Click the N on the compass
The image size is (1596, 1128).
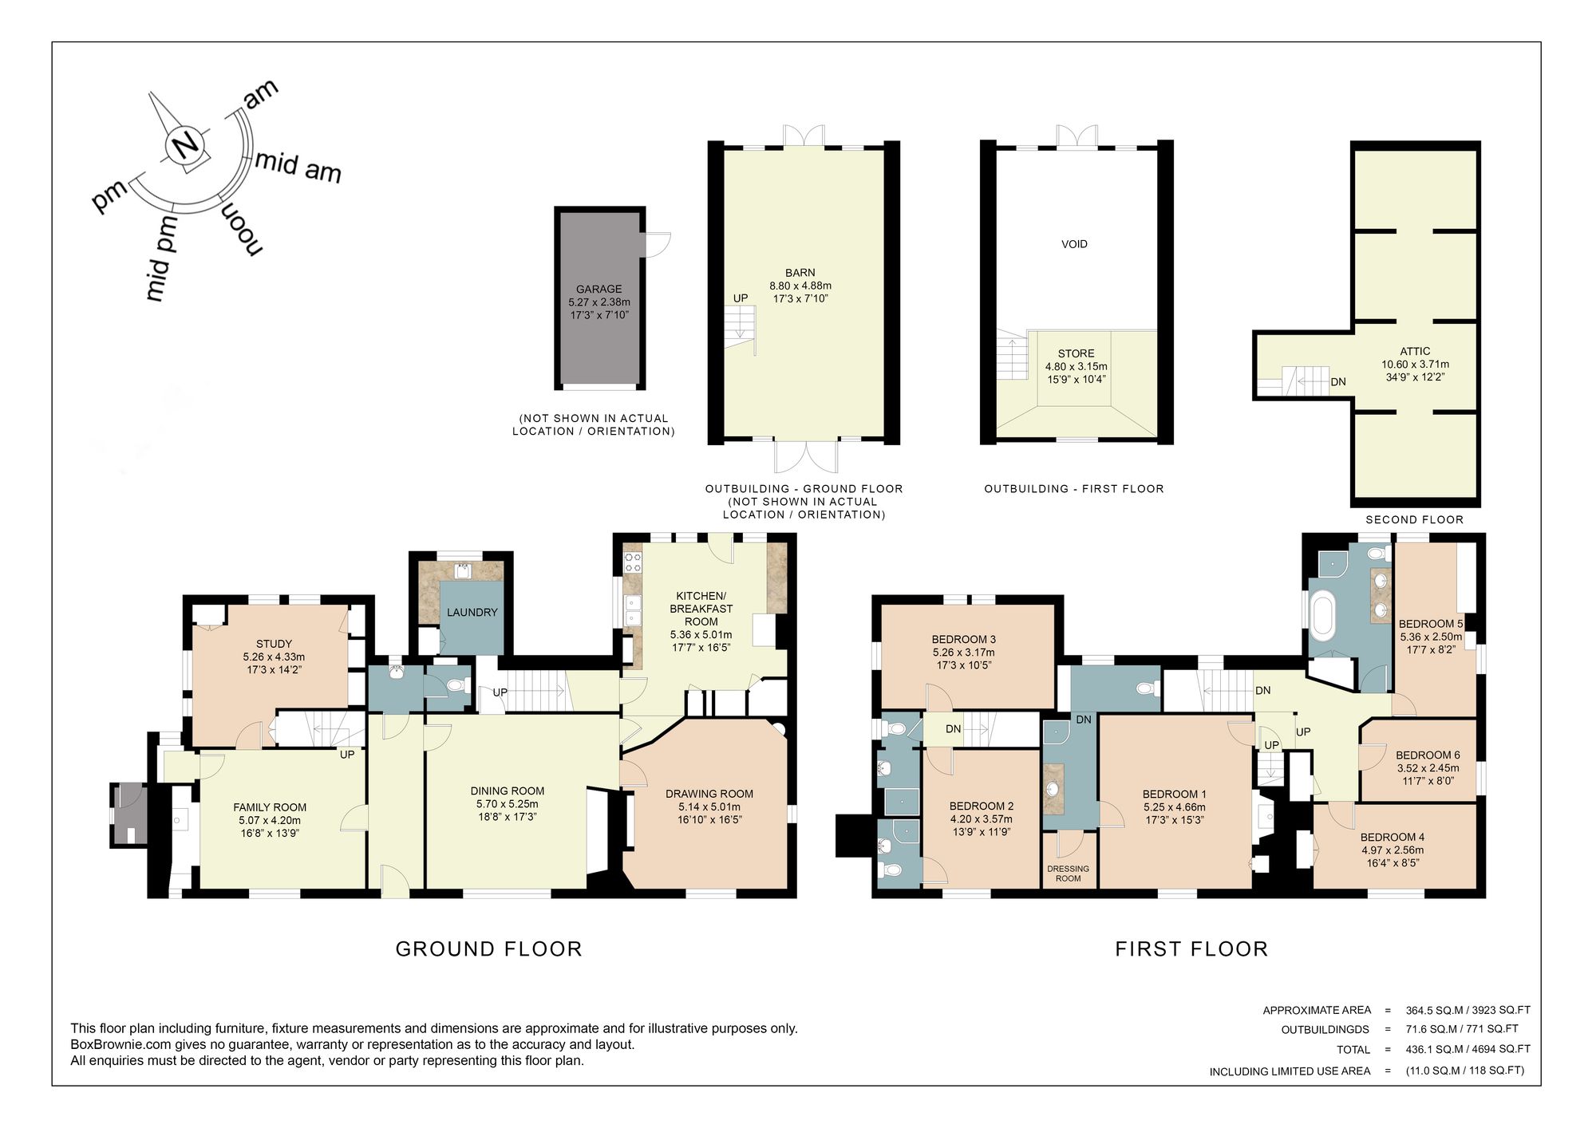click(x=185, y=145)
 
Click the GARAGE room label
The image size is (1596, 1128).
click(x=598, y=290)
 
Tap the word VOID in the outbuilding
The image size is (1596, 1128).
click(x=1074, y=244)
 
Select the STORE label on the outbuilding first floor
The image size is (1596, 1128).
click(x=1076, y=353)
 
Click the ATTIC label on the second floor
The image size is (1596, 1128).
click(x=1415, y=351)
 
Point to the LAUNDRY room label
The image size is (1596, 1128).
click(x=472, y=613)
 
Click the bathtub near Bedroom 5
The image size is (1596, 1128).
click(x=1322, y=613)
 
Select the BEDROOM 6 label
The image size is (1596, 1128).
click(x=1428, y=755)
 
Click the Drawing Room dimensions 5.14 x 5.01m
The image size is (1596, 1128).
click(x=709, y=807)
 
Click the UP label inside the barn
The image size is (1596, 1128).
click(x=741, y=298)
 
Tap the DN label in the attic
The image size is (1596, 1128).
click(x=1338, y=382)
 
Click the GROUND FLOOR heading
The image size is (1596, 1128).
click(x=488, y=949)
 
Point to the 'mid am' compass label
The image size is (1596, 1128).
click(x=298, y=166)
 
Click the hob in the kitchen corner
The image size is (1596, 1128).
click(x=633, y=562)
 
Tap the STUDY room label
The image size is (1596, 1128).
click(x=274, y=644)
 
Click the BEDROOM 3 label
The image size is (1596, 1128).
click(x=963, y=639)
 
